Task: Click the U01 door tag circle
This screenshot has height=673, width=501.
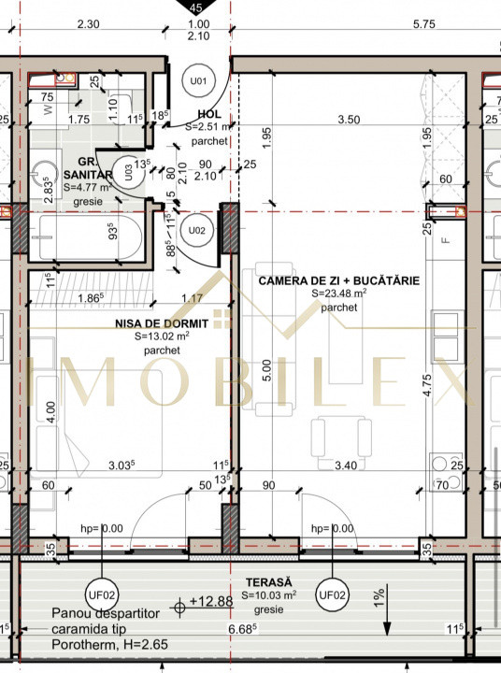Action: (x=198, y=80)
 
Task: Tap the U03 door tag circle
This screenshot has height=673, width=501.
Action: (x=141, y=171)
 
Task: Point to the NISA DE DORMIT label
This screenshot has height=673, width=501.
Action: (x=161, y=322)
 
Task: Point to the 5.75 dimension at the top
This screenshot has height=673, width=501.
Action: (x=425, y=25)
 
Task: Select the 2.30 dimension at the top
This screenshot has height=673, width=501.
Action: (x=90, y=25)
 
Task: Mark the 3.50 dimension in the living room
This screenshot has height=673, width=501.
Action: (x=348, y=120)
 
